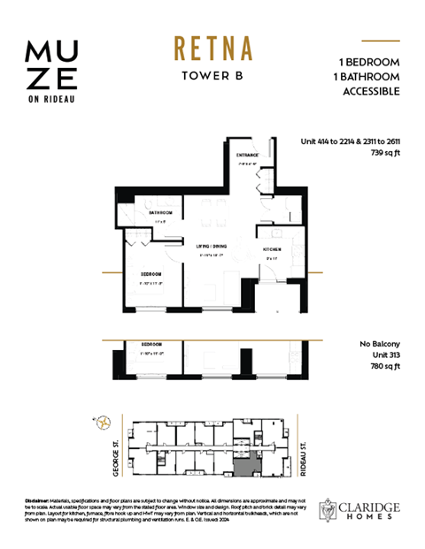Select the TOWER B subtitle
tap(209, 75)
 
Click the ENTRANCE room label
tap(246, 156)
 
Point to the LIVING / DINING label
tap(208, 246)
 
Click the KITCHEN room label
tap(271, 250)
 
